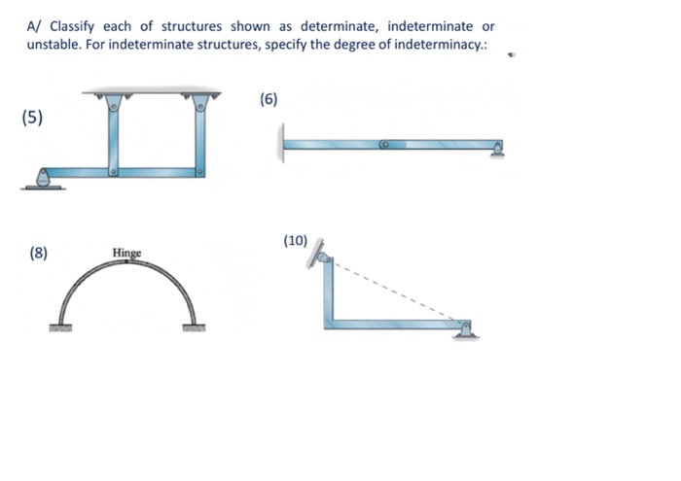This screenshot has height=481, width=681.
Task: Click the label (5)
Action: (32, 118)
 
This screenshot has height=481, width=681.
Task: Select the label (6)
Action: (269, 99)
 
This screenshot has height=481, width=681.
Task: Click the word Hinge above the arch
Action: (126, 254)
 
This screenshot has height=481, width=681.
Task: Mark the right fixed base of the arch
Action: (194, 327)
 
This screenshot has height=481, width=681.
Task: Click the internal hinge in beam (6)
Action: (385, 145)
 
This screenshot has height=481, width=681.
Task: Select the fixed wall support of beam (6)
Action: (283, 144)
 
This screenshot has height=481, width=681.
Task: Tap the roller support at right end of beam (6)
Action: (499, 149)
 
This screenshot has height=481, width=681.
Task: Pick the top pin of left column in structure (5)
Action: (114, 104)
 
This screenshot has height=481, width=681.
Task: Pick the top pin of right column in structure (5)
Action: (200, 104)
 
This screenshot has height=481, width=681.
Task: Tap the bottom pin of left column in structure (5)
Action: (114, 172)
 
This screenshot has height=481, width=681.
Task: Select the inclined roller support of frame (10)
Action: (320, 256)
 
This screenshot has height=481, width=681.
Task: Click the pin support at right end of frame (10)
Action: (466, 327)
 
